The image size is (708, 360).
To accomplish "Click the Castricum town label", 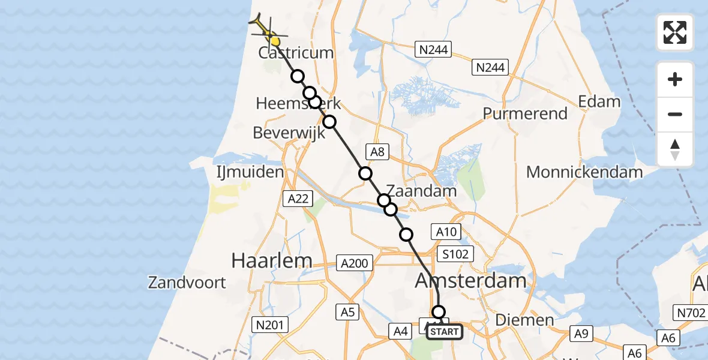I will click(296, 53).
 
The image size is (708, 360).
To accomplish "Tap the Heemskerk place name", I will click(298, 103).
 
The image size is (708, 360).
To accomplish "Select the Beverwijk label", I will click(289, 132).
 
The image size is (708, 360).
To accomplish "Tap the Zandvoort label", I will click(188, 282).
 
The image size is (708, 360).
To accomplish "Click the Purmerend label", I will click(525, 113).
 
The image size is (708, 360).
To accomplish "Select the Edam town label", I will click(599, 101).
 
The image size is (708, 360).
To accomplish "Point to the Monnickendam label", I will click(584, 172).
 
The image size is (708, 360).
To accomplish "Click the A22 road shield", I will click(298, 199).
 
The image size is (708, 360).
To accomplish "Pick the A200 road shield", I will click(355, 262).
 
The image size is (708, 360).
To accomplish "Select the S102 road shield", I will click(457, 253).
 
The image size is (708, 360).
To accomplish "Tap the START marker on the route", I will click(445, 332).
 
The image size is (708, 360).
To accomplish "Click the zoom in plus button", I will click(675, 79).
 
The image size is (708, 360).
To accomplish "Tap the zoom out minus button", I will click(675, 114).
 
